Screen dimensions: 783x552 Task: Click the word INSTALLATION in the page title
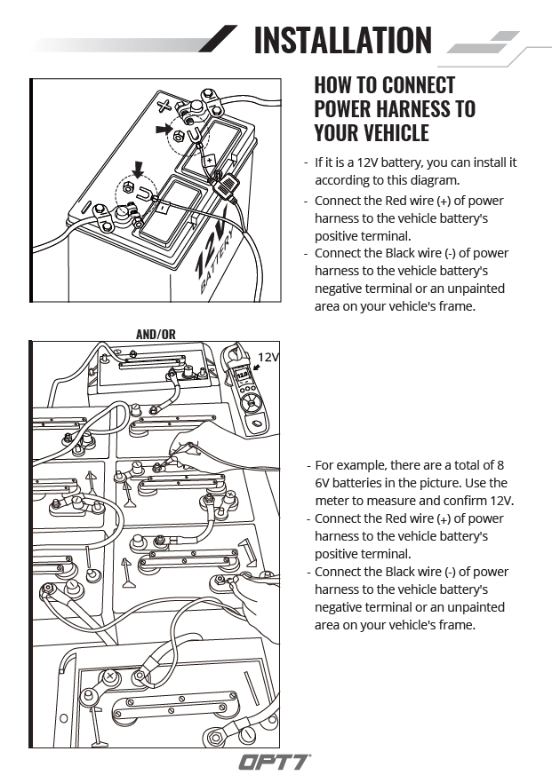[x=343, y=41]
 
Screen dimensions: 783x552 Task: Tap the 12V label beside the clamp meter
[x=268, y=357]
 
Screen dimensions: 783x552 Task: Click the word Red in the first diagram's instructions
[x=393, y=201]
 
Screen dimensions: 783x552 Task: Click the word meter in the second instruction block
[x=332, y=501]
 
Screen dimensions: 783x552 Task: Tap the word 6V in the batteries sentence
[x=325, y=483]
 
